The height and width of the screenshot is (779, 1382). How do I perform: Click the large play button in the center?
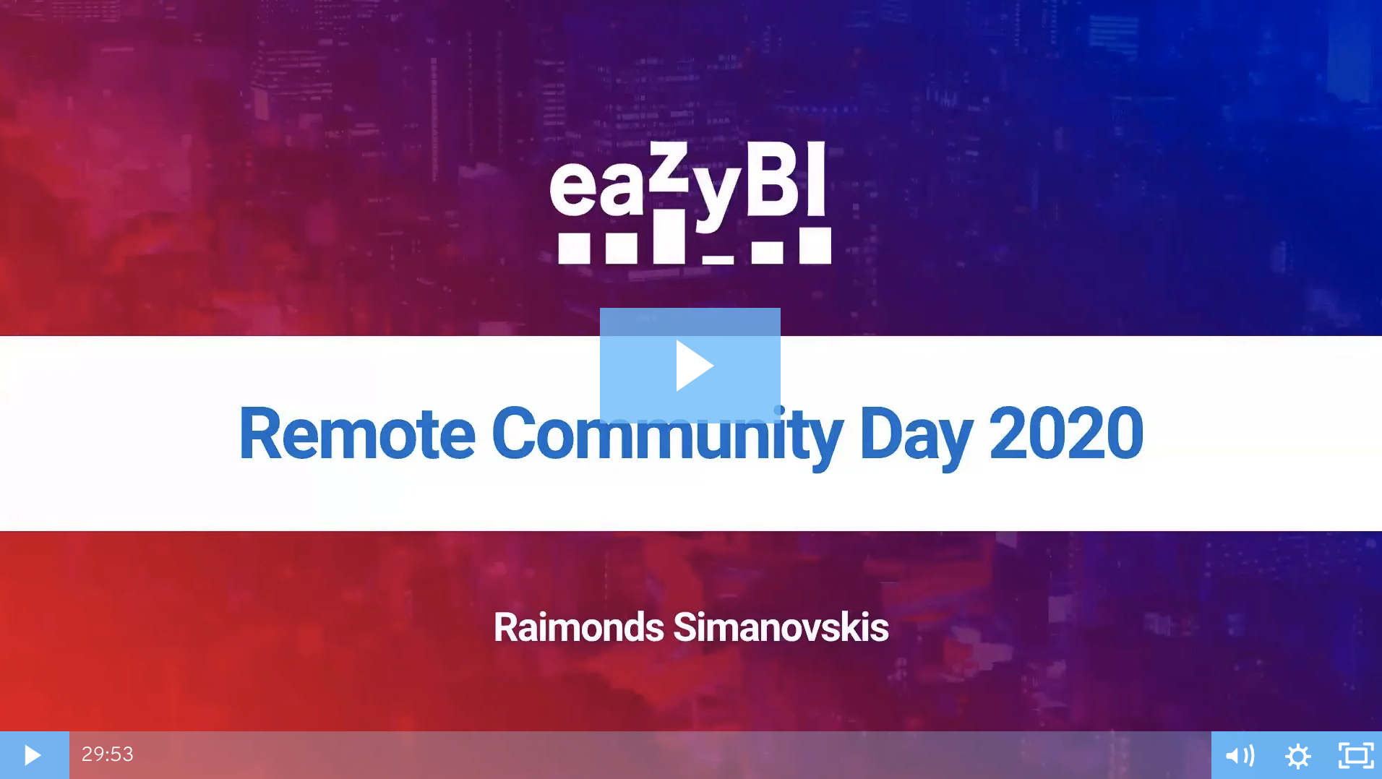(x=690, y=365)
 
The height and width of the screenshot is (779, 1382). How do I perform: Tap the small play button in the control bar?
(x=33, y=755)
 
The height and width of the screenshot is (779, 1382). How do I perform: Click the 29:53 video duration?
(x=108, y=754)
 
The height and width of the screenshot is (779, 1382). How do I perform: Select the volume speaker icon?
(x=1240, y=756)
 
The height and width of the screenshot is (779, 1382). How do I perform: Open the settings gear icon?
(x=1298, y=756)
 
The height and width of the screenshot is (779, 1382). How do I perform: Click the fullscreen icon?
(x=1356, y=756)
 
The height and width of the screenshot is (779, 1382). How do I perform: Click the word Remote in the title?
(x=357, y=434)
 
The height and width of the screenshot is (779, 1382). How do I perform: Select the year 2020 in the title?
(x=1066, y=434)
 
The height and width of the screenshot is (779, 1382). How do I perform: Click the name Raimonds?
(x=578, y=627)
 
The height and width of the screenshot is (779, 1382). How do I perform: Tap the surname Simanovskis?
(x=781, y=627)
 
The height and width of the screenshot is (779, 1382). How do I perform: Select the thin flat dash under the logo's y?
(x=718, y=259)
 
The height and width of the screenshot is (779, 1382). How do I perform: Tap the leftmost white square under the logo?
(x=575, y=248)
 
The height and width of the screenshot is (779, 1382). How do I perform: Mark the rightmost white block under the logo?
(x=815, y=246)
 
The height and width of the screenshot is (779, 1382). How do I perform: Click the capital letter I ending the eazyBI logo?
(x=817, y=178)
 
